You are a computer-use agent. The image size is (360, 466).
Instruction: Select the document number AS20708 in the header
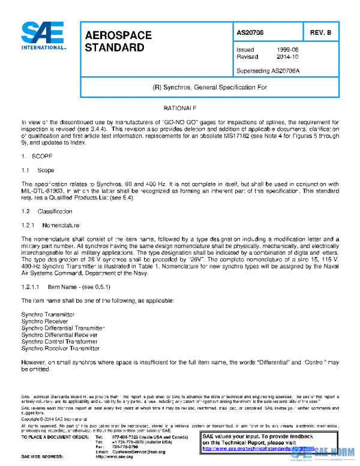tap(250, 32)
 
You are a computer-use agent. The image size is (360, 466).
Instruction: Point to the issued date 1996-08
tap(285, 50)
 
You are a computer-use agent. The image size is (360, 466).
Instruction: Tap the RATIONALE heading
tap(180, 107)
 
